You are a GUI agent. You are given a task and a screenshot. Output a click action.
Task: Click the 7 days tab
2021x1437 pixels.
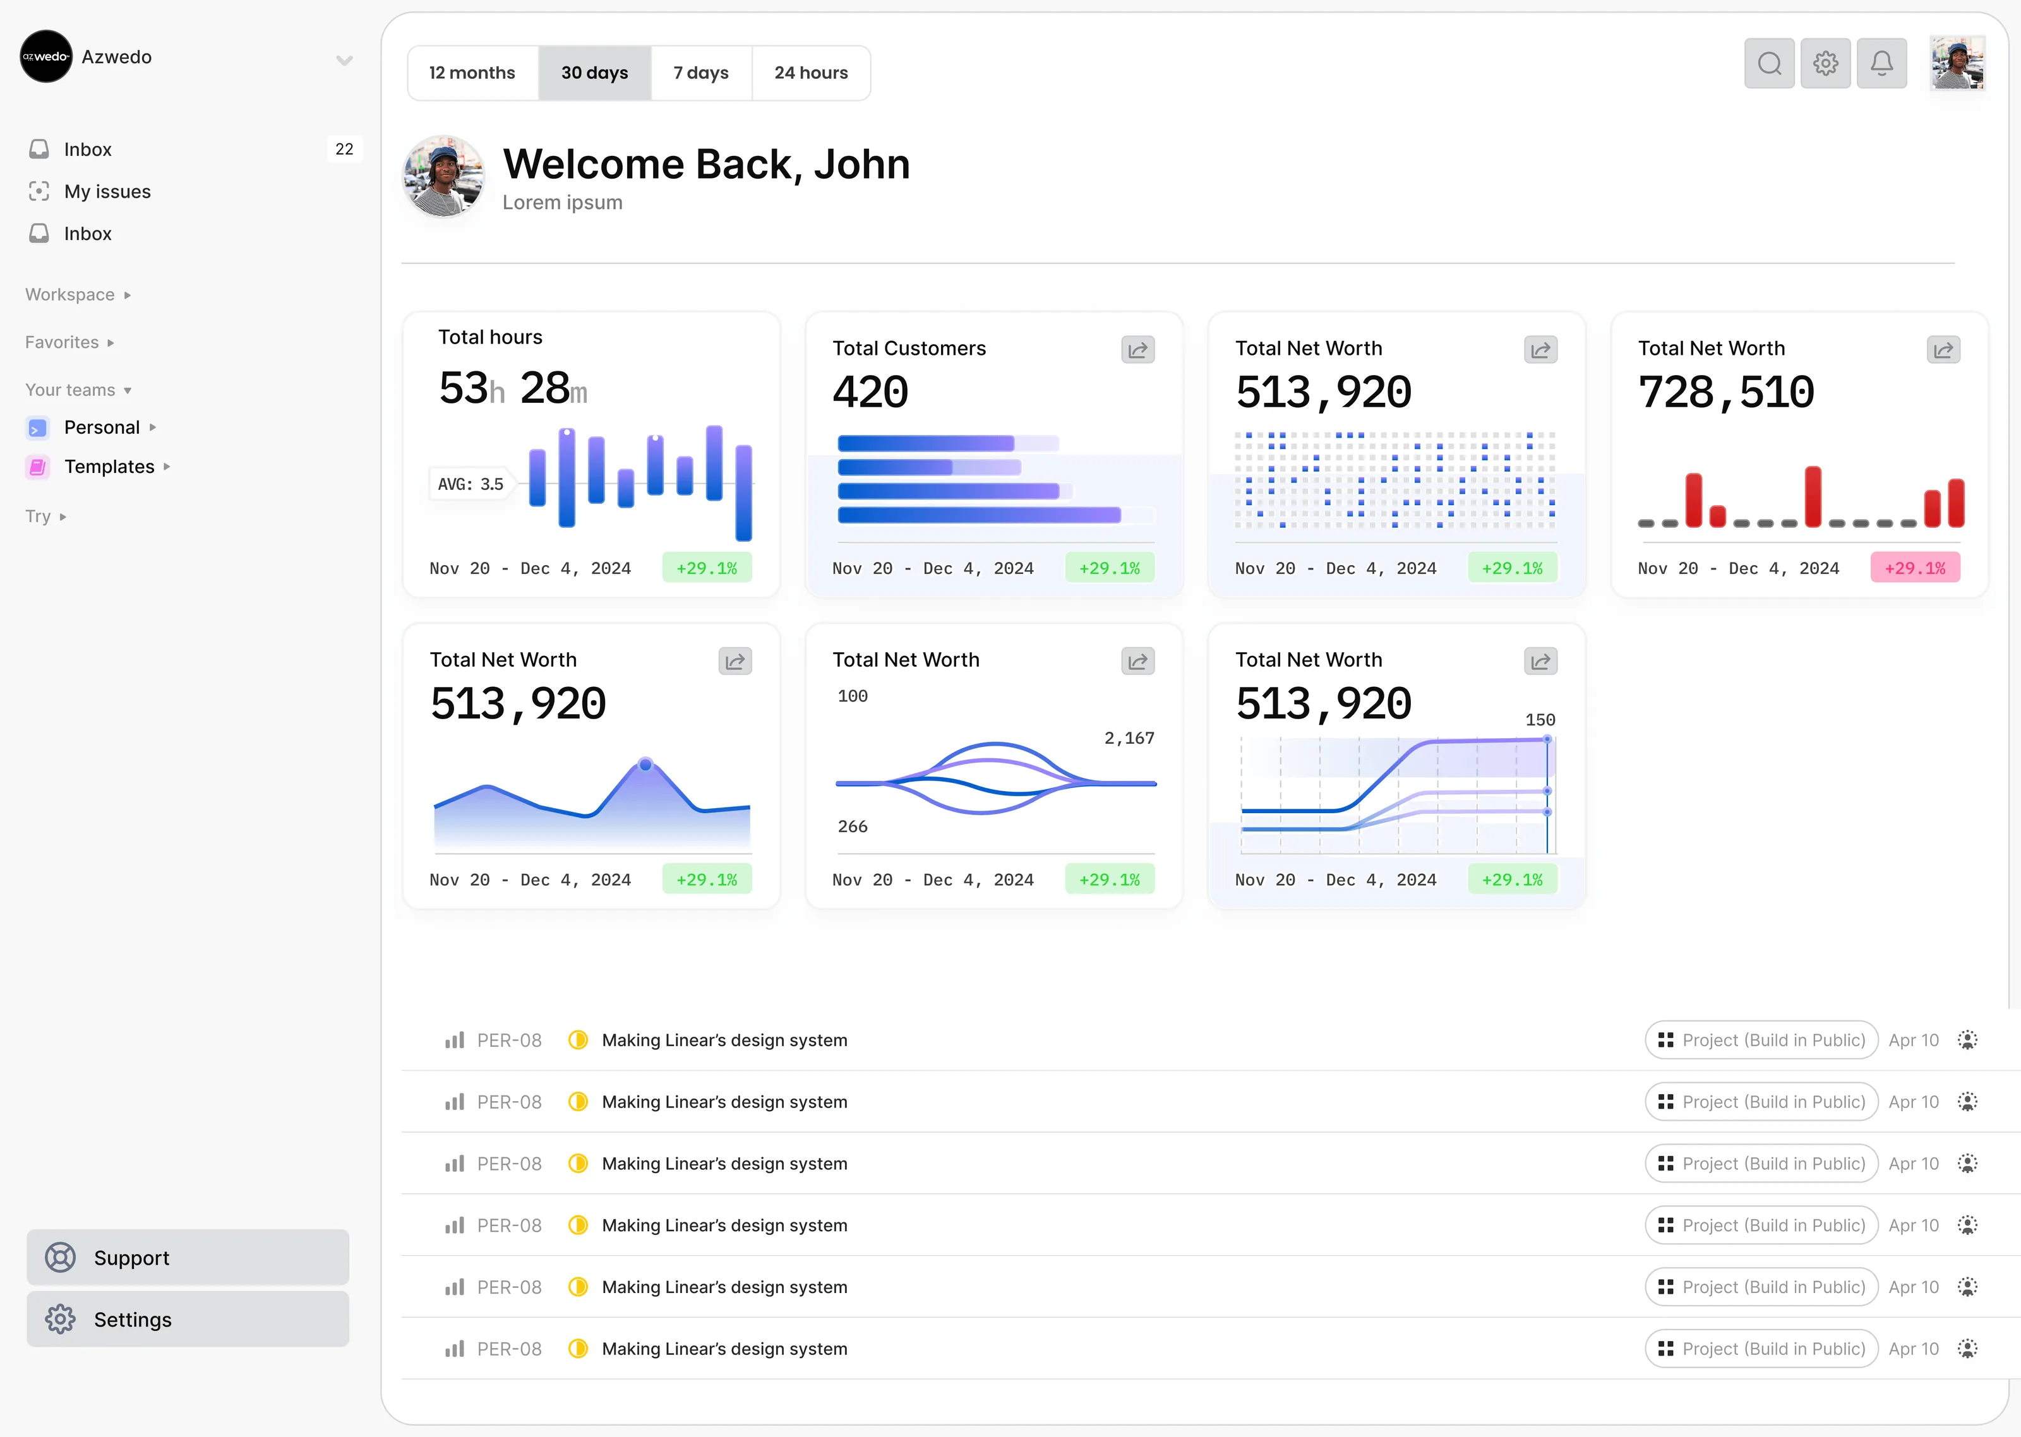701,73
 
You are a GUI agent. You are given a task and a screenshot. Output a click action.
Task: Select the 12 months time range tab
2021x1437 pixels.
472,73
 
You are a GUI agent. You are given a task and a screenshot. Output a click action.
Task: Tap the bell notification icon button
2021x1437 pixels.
1881,63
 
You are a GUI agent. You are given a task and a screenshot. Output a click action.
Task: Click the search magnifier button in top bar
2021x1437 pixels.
1769,63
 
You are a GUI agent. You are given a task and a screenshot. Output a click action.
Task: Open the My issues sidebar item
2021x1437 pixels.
107,191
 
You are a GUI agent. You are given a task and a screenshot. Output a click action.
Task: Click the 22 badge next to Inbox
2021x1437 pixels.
344,148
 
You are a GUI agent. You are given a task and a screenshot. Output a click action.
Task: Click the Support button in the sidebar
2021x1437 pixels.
188,1258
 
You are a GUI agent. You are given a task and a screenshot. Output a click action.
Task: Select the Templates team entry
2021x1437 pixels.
109,467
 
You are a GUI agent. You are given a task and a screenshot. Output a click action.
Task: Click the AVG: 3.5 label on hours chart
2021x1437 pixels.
470,484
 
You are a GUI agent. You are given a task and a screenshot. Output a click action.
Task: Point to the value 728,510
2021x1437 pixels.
1725,392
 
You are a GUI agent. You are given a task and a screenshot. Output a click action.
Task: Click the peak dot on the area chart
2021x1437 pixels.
645,763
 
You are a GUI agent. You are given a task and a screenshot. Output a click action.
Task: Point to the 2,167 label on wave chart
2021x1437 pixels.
1129,738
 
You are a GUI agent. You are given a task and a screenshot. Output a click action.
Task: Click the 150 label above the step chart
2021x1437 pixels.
1540,719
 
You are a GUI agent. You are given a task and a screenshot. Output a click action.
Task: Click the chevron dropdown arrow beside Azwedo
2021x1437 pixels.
344,60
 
